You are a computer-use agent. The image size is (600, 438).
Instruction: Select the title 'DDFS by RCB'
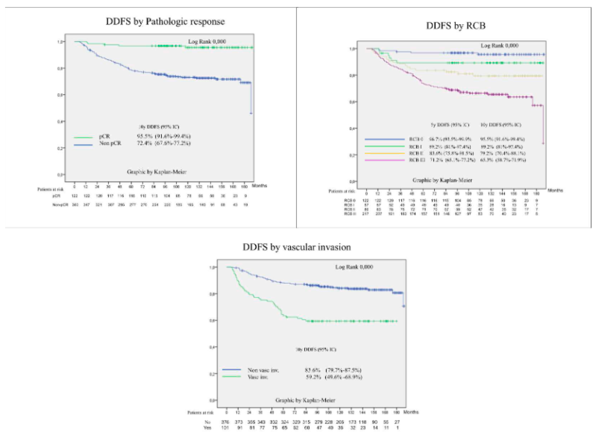pyautogui.click(x=456, y=26)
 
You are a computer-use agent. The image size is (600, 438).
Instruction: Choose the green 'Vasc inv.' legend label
pyautogui.click(x=257, y=377)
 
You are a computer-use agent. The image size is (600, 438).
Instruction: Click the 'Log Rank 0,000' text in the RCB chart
pyautogui.click(x=499, y=46)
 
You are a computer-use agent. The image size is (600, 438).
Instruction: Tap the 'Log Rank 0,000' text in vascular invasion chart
pyautogui.click(x=354, y=267)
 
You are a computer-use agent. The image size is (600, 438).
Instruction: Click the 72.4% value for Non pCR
pyautogui.click(x=144, y=143)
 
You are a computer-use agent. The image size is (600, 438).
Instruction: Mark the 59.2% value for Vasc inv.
pyautogui.click(x=313, y=377)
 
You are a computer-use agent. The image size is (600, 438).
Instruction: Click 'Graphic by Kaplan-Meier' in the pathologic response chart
pyautogui.click(x=157, y=172)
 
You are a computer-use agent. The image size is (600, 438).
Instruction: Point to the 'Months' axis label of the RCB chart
pyautogui.click(x=555, y=190)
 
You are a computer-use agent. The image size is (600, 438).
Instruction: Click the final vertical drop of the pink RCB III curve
pyautogui.click(x=543, y=125)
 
